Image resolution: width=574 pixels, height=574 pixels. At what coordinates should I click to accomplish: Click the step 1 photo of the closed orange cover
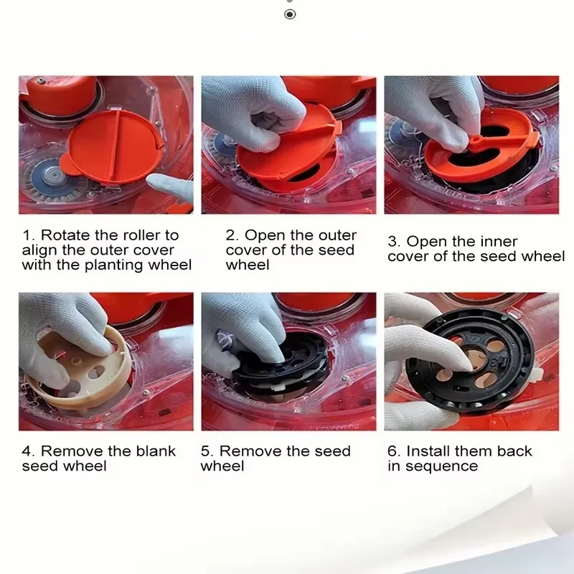tap(105, 144)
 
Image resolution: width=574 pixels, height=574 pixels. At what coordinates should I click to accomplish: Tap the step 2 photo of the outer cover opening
tap(288, 144)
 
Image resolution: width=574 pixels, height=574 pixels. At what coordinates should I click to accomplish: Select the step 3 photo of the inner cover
tap(471, 144)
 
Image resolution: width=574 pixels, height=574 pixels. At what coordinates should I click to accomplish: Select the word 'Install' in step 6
tap(430, 451)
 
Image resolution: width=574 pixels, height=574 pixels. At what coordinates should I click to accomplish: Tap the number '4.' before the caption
tap(28, 451)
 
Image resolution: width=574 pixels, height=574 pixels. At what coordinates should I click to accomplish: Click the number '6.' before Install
tap(393, 451)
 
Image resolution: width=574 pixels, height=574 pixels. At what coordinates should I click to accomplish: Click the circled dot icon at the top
tap(290, 14)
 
